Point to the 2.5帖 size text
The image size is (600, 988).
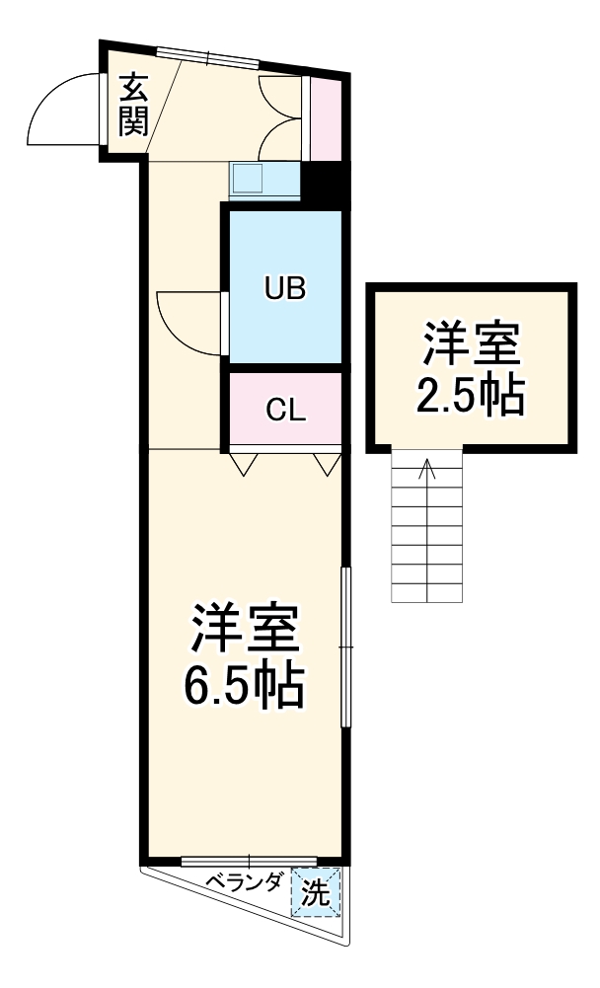[469, 397]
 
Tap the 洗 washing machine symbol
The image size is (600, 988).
[315, 893]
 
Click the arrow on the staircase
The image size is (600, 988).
[426, 474]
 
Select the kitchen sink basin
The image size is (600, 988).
[247, 180]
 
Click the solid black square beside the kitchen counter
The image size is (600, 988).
[324, 183]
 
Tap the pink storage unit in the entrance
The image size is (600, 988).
[325, 116]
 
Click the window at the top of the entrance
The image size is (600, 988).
[207, 56]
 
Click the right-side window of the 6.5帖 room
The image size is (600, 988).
[345, 646]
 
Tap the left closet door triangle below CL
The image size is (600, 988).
[242, 462]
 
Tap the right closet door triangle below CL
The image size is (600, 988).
[326, 462]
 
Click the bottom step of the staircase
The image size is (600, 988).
[426, 593]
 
